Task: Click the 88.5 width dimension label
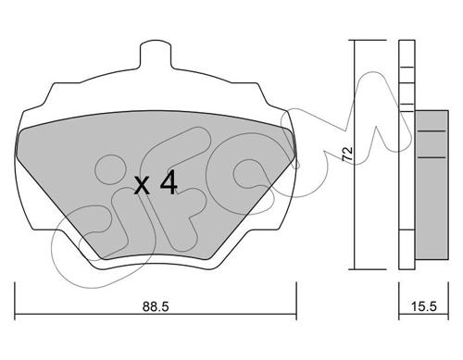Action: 156,306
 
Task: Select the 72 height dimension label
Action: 347,154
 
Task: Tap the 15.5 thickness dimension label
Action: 424,306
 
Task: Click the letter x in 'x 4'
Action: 143,185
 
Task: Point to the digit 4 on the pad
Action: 169,182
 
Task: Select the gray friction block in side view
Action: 432,184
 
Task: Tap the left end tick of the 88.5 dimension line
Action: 15,301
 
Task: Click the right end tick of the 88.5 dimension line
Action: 296,301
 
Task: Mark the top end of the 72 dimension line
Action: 355,40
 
